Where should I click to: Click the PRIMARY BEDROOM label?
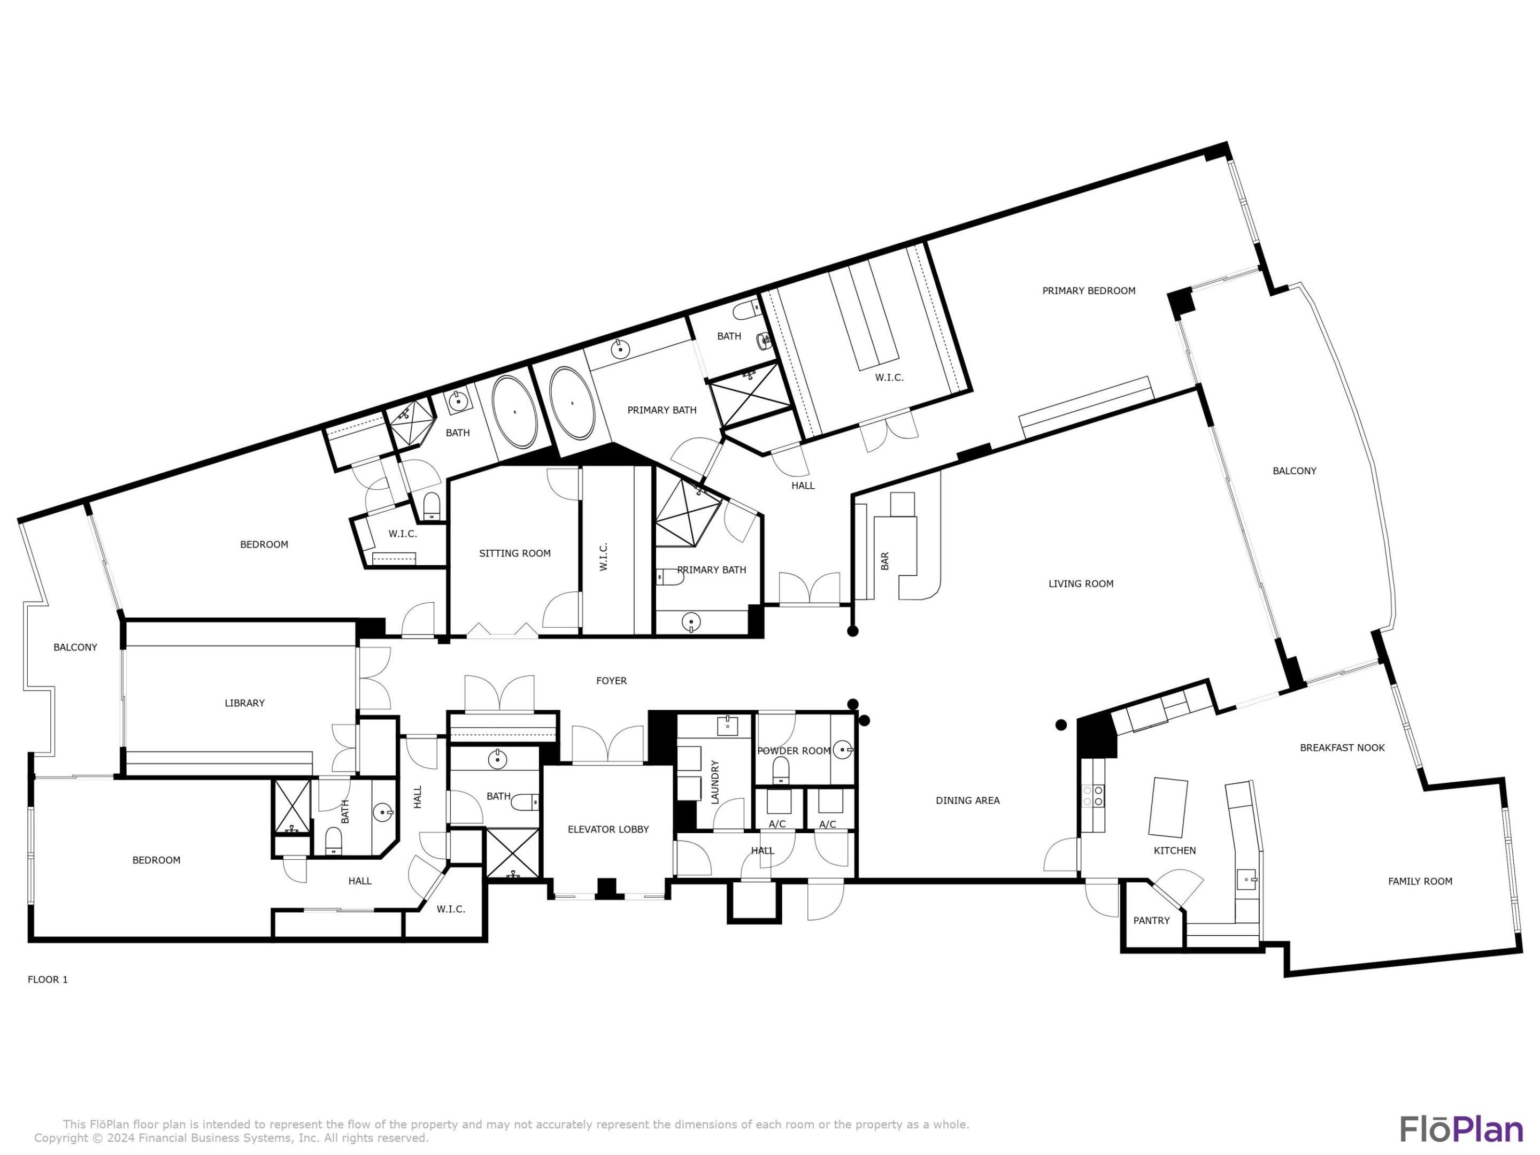click(x=1088, y=291)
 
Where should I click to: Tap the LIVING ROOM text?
click(x=1081, y=584)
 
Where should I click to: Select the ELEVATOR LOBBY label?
click(x=608, y=829)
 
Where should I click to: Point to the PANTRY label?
click(x=1151, y=920)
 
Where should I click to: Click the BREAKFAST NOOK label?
click(x=1342, y=748)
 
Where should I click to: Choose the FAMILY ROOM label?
click(x=1420, y=881)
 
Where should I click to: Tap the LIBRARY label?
click(x=244, y=703)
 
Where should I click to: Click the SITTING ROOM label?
click(x=514, y=553)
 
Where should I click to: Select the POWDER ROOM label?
click(x=794, y=751)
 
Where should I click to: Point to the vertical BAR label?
click(x=885, y=561)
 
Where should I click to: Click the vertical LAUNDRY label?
click(x=714, y=782)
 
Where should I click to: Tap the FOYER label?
click(x=611, y=681)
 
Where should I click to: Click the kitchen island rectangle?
click(x=1168, y=807)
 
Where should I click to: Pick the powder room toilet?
click(x=781, y=770)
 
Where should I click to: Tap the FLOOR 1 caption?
click(x=48, y=980)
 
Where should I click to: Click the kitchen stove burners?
click(x=1093, y=796)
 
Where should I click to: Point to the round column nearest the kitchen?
click(x=1061, y=725)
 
